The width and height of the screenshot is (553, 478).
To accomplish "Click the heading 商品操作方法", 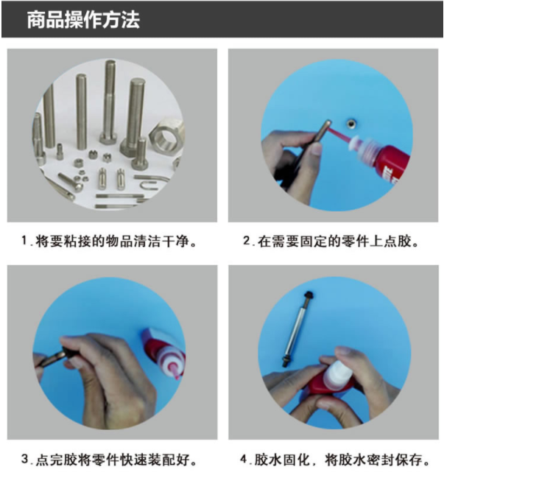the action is [x=83, y=20].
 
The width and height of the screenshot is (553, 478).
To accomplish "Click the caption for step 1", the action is [x=109, y=242].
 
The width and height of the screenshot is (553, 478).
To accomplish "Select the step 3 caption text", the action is [x=109, y=460].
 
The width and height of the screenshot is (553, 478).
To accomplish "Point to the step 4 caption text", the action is [x=335, y=460].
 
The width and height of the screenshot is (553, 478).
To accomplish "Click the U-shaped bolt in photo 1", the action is [x=151, y=183].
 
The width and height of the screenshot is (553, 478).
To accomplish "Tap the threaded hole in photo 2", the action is [x=351, y=123].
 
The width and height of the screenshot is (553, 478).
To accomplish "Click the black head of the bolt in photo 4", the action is [x=310, y=295].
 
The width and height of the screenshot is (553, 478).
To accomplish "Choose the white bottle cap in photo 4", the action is [x=335, y=373].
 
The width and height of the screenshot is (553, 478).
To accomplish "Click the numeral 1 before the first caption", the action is [x=24, y=241].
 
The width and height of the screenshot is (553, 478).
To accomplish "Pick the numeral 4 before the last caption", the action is [x=244, y=459].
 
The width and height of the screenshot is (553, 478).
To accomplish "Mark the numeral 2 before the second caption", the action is [x=247, y=241].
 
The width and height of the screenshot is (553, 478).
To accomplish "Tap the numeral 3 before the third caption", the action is [x=25, y=459].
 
